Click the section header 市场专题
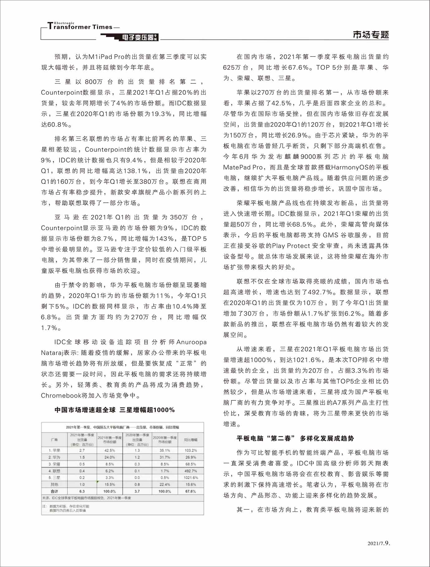tap(371, 35)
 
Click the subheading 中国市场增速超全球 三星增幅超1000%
tap(114, 410)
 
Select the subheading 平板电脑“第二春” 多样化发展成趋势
tap(295, 438)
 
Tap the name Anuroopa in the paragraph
tap(191, 342)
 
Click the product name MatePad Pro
tap(243, 167)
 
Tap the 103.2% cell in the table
tap(190, 450)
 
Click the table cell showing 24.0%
tap(110, 457)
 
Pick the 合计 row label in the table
tap(54, 491)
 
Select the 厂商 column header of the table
tap(54, 440)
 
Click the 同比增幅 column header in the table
tap(190, 440)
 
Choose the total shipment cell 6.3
tap(82, 491)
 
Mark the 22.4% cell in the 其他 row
tap(165, 484)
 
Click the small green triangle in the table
tap(98, 482)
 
